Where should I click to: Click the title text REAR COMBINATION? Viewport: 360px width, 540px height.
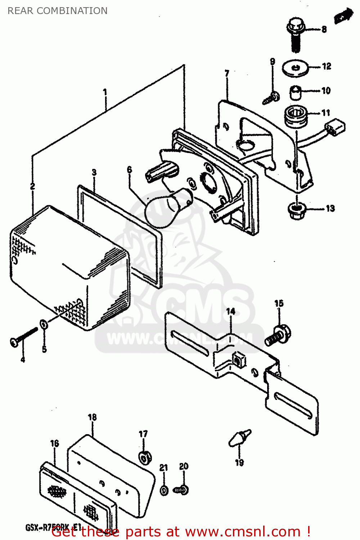(58, 11)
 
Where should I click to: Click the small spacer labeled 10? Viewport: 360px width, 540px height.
(296, 93)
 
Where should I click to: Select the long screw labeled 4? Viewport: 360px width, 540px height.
(24, 337)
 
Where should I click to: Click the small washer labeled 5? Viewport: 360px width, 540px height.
(44, 324)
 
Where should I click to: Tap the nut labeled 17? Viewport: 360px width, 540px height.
(145, 458)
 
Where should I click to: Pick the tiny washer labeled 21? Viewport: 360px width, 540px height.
(164, 490)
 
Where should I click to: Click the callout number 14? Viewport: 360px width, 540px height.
(230, 311)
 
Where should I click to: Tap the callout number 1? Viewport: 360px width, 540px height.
(105, 92)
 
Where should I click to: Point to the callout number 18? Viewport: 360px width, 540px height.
(92, 417)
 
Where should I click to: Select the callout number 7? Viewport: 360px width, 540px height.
(227, 73)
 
